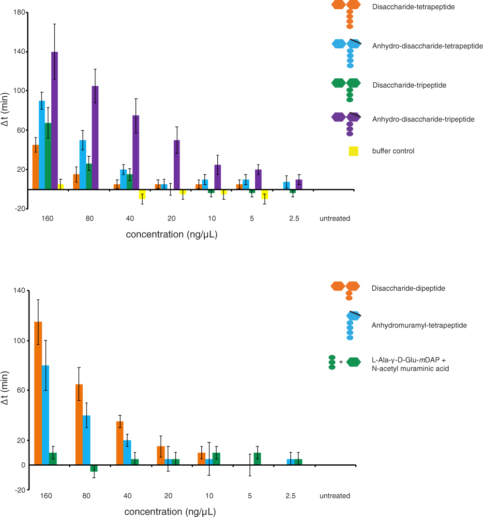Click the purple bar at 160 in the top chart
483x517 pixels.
[x=55, y=121]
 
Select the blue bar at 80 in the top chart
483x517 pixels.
[x=83, y=164]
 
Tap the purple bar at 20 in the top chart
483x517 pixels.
[x=177, y=164]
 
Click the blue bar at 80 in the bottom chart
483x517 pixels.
[x=87, y=440]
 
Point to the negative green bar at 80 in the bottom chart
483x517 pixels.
[x=94, y=468]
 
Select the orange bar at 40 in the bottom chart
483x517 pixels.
[x=120, y=443]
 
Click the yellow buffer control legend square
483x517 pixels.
[x=353, y=151]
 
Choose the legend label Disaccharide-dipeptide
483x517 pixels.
[x=408, y=288]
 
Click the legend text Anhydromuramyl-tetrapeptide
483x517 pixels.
[x=419, y=325]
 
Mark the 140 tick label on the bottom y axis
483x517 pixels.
[x=20, y=290]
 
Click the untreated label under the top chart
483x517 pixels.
[x=334, y=219]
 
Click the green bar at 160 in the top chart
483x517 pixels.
[x=48, y=156]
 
